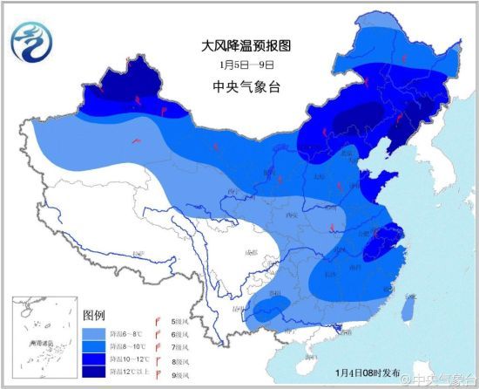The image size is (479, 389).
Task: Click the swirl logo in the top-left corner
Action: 31,38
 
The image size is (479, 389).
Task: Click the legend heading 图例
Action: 93,314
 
